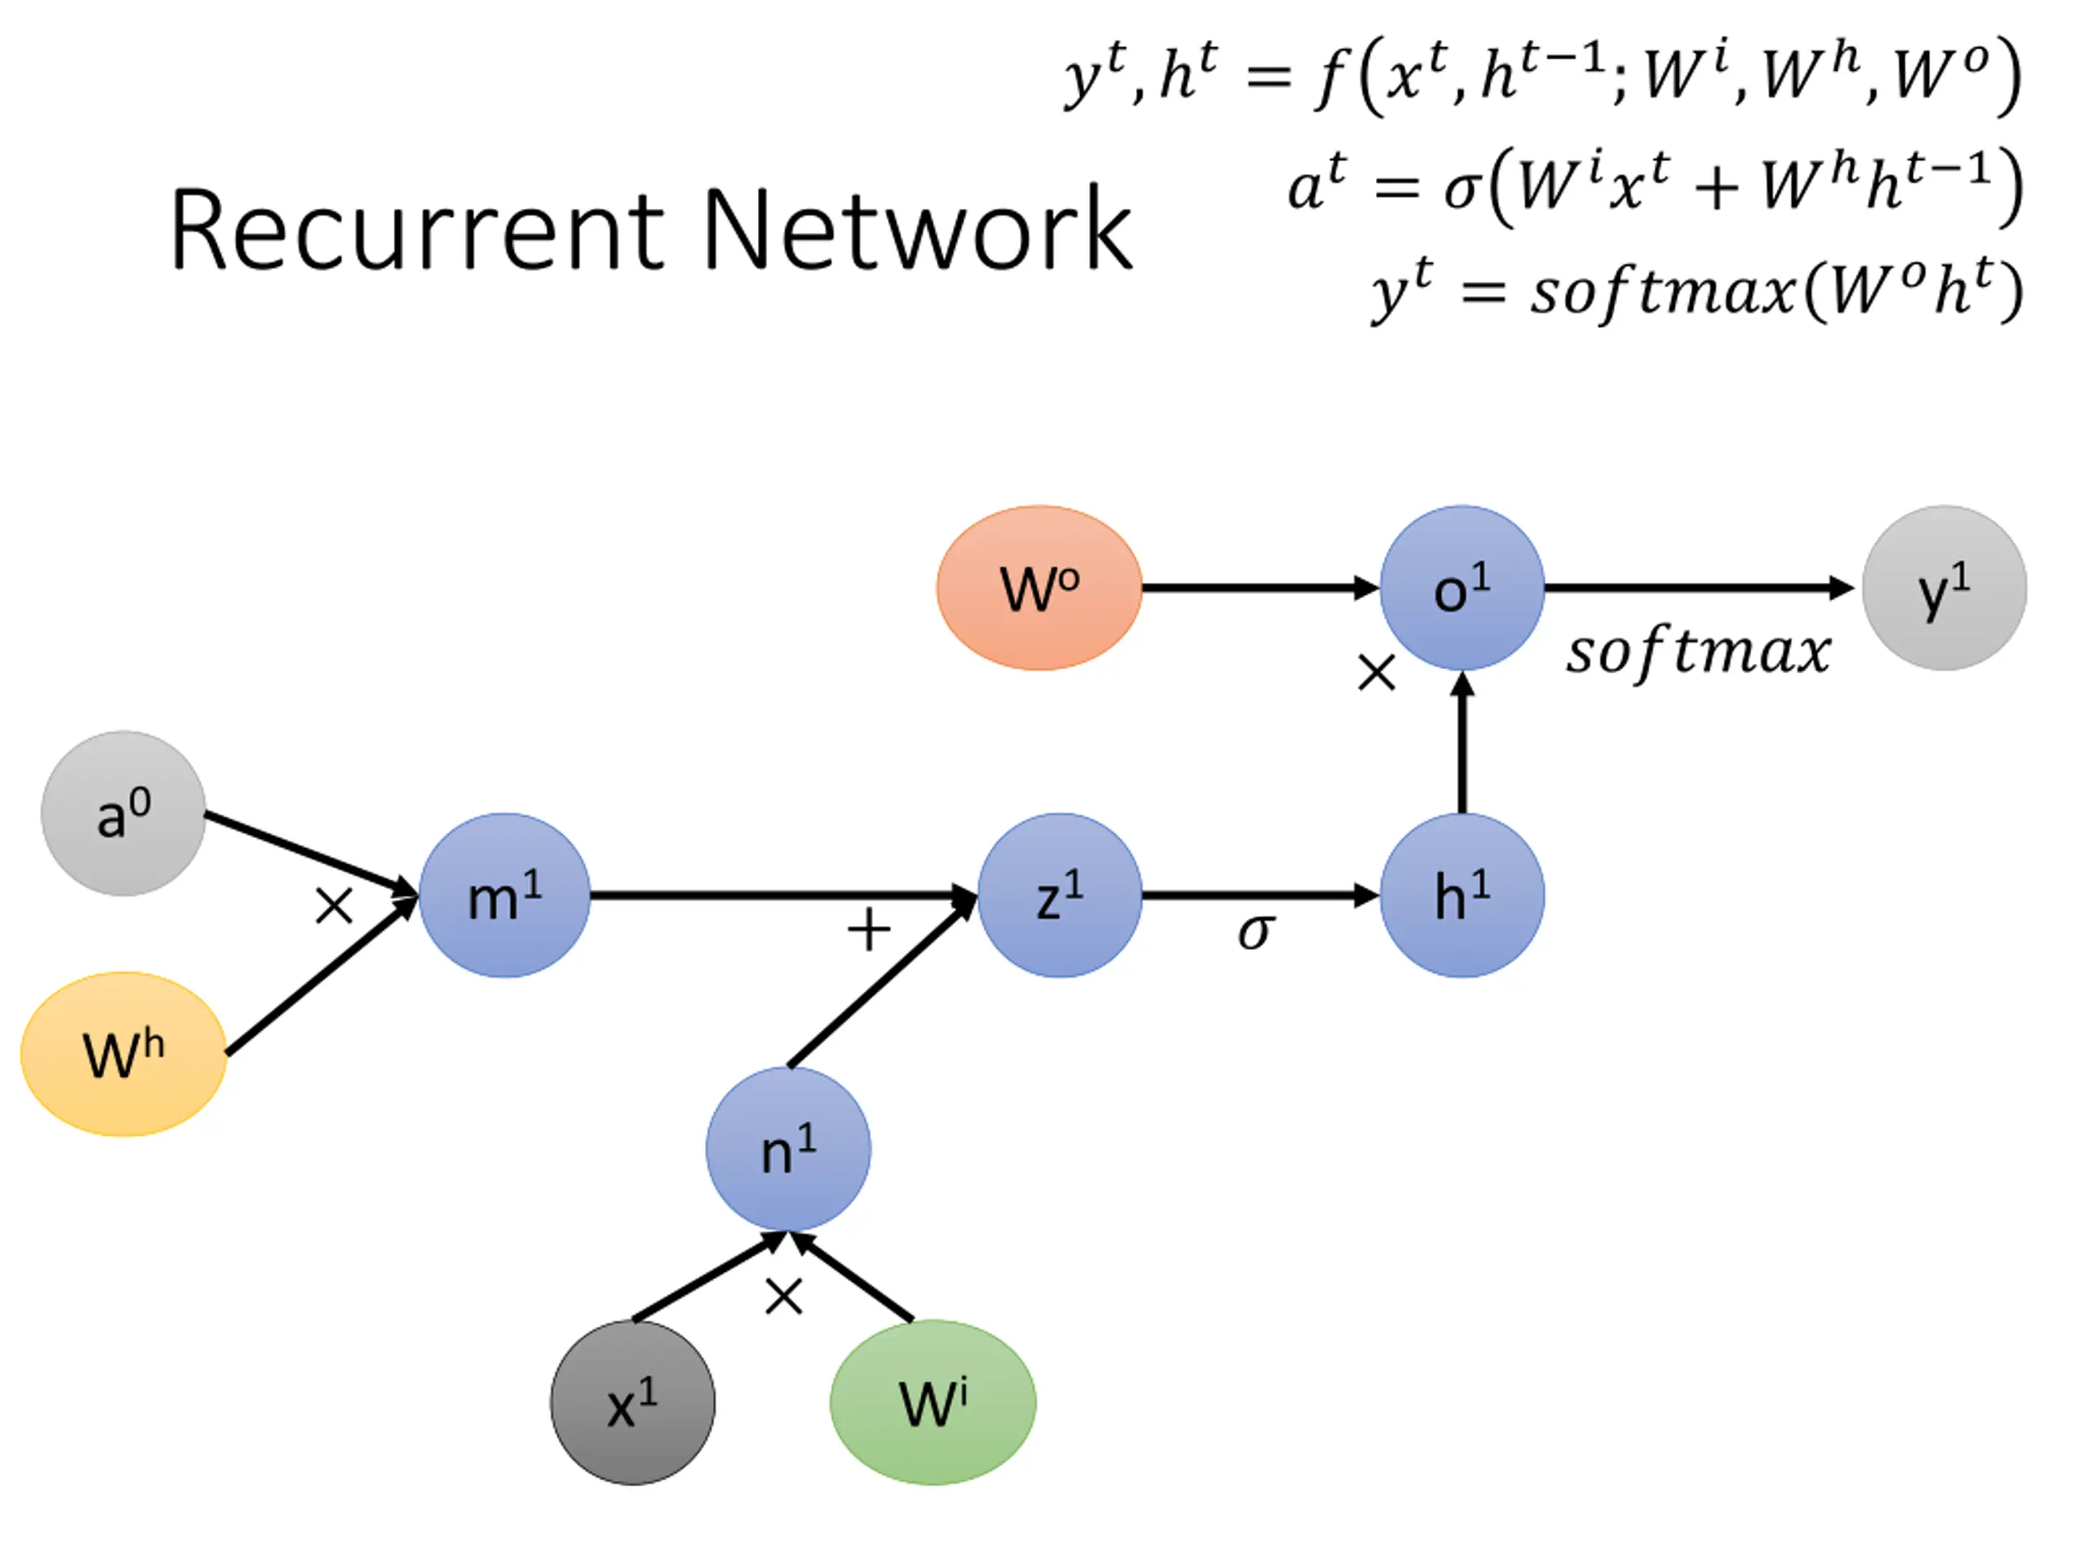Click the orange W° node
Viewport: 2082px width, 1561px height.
pyautogui.click(x=1039, y=588)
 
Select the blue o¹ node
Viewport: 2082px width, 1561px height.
pyautogui.click(x=1461, y=588)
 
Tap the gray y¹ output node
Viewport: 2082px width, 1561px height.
pyautogui.click(x=1944, y=588)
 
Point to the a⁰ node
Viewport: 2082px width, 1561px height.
pyautogui.click(x=124, y=813)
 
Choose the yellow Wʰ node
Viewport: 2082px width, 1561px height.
pyautogui.click(x=124, y=1054)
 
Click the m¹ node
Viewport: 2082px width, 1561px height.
pyautogui.click(x=504, y=895)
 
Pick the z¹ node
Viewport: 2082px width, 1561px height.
pyautogui.click(x=1060, y=895)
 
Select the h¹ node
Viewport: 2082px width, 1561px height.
pyautogui.click(x=1461, y=895)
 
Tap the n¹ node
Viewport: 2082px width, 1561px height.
pyautogui.click(x=788, y=1149)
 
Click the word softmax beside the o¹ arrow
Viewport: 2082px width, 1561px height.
pyautogui.click(x=1698, y=652)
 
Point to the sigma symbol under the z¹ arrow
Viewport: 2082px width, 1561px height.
pyautogui.click(x=1256, y=932)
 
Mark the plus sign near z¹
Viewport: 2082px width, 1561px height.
pyautogui.click(x=868, y=931)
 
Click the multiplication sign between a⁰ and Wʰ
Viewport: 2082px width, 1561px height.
pyautogui.click(x=333, y=907)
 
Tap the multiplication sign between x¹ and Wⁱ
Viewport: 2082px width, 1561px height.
pyautogui.click(x=783, y=1297)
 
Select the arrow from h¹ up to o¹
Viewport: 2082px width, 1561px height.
pyautogui.click(x=1461, y=743)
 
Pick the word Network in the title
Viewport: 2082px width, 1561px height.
pyautogui.click(x=917, y=231)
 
